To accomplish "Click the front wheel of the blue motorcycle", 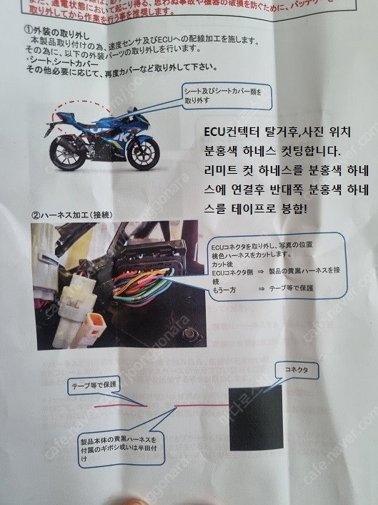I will (x=145, y=152).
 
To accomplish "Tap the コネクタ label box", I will (x=294, y=371).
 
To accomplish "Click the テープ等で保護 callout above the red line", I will (x=94, y=386).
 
